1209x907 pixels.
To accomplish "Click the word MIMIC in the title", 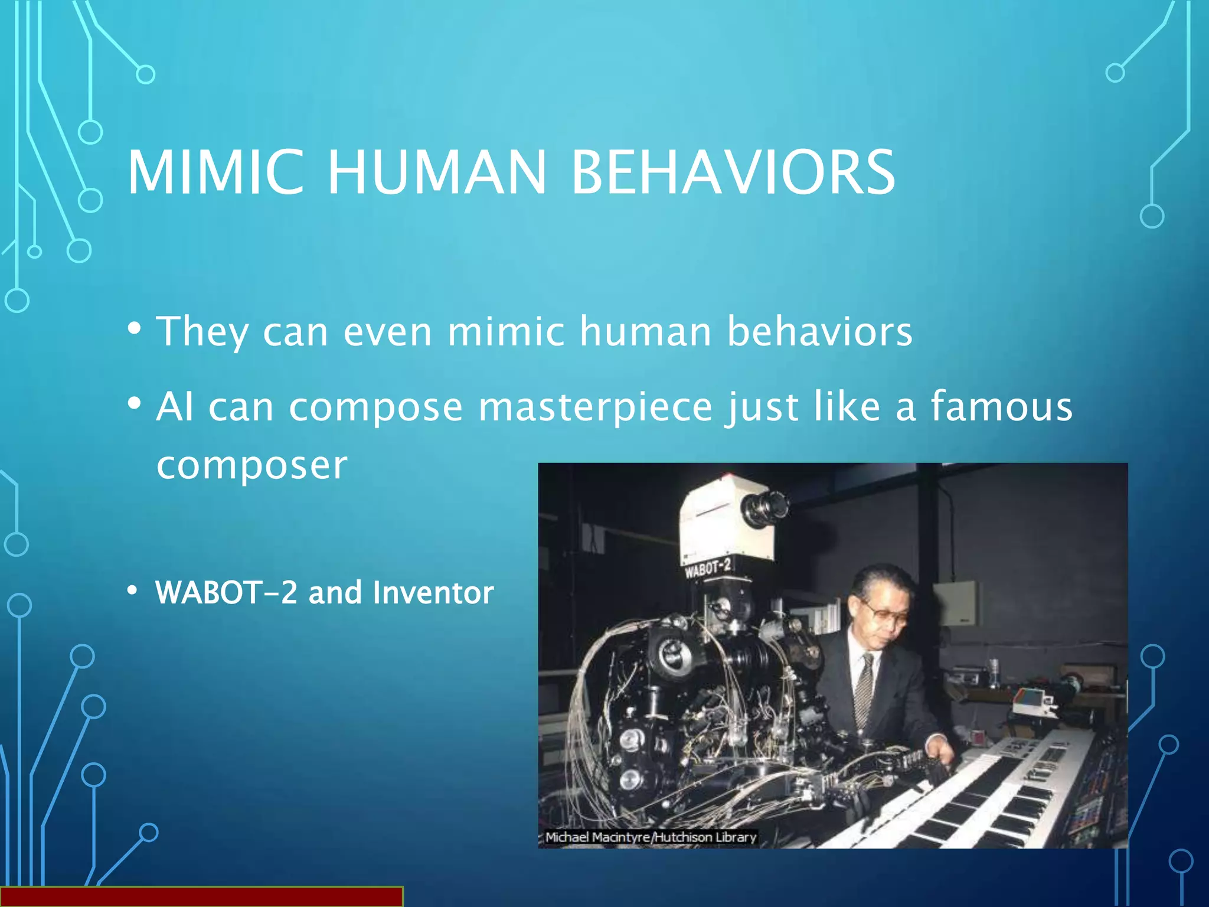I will point(215,172).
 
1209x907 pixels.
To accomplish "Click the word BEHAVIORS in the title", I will point(733,172).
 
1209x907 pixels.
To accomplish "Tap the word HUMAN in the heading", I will point(437,172).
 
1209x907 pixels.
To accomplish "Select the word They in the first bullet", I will point(202,332).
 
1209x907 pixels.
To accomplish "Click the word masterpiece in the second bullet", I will point(595,407).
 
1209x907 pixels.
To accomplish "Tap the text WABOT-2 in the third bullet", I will point(226,592).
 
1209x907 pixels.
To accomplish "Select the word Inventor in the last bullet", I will point(433,592).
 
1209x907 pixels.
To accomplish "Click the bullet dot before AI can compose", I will point(135,404).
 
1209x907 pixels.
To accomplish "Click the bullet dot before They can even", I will point(135,328).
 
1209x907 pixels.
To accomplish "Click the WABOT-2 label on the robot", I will point(708,569).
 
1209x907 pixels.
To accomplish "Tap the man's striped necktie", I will point(864,691).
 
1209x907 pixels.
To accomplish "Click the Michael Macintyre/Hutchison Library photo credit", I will point(650,837).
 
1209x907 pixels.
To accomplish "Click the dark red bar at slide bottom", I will point(201,896).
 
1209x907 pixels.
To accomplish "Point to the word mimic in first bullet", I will point(506,332).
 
